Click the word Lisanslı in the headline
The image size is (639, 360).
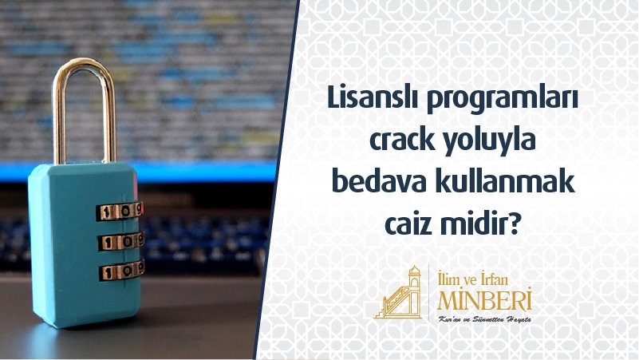[x=373, y=98]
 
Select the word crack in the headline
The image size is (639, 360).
[x=402, y=140]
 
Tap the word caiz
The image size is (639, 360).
[x=408, y=224]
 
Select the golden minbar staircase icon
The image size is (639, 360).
[x=398, y=293]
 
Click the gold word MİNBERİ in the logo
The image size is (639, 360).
[x=485, y=299]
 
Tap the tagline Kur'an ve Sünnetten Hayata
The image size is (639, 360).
[x=484, y=319]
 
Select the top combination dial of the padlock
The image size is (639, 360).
[x=120, y=212]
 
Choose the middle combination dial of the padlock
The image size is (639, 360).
[x=120, y=241]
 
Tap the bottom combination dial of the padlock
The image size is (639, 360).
[x=121, y=270]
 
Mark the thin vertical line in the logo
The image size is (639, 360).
[x=429, y=292]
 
